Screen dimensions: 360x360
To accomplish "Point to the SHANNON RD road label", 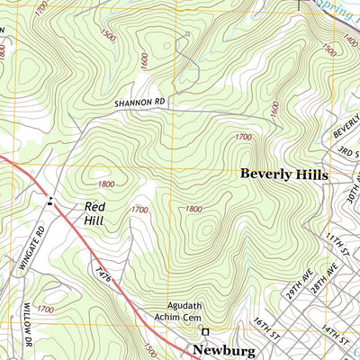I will point(139,103).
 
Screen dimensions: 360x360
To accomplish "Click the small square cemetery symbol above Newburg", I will point(204,330).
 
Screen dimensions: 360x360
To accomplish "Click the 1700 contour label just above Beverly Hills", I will point(242,137).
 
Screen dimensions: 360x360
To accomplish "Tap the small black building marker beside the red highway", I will point(50,201).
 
